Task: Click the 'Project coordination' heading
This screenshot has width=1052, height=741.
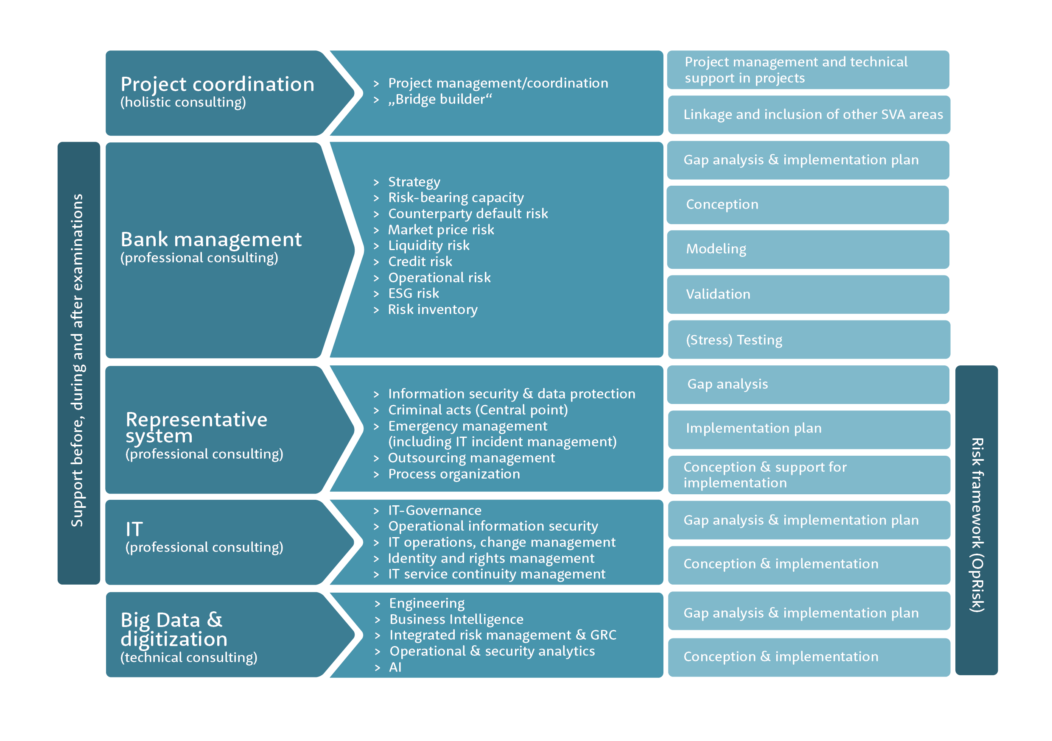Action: [x=217, y=85]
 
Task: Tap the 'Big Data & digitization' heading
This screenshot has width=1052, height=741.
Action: [x=174, y=629]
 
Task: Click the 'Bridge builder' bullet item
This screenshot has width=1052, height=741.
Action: [x=440, y=99]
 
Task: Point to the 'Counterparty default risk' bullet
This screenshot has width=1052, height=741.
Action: [x=468, y=214]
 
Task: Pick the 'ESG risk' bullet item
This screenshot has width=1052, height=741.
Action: [x=413, y=294]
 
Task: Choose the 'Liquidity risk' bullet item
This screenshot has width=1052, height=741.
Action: [x=429, y=246]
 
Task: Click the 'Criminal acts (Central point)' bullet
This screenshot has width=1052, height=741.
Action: [x=478, y=410]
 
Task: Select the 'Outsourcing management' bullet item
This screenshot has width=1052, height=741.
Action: [x=471, y=458]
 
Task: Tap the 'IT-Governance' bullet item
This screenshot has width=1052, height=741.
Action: [x=435, y=510]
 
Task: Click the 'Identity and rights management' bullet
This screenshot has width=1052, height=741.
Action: [x=491, y=559]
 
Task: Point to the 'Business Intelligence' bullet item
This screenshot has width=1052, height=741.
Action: [x=456, y=620]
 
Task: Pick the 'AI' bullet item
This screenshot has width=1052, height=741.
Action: [x=395, y=667]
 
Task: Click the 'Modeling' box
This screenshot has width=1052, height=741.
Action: [x=808, y=250]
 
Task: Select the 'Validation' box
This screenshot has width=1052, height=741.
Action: [x=808, y=295]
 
